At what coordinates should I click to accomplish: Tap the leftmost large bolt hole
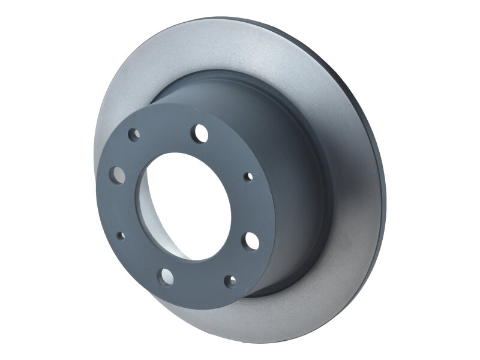pos(118,175)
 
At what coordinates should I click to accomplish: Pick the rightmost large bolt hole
pos(251,241)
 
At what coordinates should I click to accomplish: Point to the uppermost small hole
pos(134,134)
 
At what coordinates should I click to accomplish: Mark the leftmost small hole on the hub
pos(119,236)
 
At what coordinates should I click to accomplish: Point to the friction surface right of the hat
pos(354,198)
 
